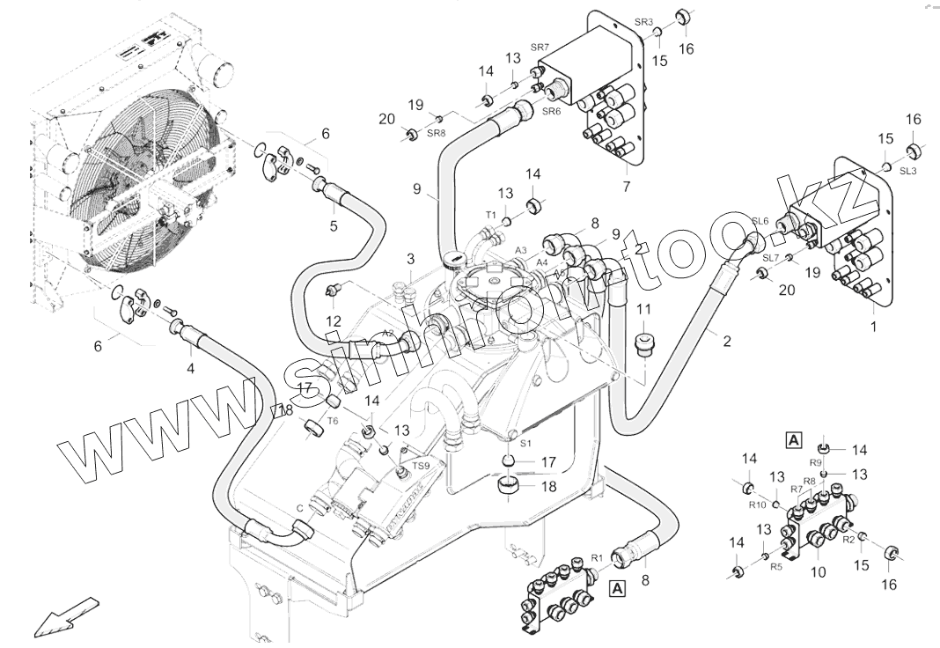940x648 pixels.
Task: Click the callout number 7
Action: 626,188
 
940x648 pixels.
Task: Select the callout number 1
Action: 874,326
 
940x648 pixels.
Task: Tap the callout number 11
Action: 644,310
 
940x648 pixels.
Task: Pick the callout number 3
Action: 410,259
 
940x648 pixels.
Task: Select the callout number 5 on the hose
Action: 334,225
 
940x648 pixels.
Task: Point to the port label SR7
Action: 540,46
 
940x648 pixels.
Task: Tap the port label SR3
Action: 644,22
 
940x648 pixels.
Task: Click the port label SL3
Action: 908,171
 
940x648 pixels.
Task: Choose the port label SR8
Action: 437,133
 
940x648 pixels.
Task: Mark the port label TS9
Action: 422,466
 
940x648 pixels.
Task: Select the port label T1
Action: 492,214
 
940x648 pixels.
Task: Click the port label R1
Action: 596,557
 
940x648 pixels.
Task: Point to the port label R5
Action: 776,567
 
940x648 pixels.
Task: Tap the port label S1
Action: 526,444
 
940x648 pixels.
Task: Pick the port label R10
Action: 757,504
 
